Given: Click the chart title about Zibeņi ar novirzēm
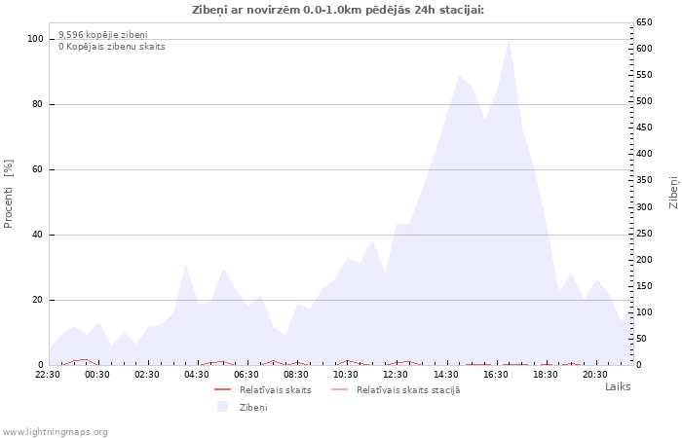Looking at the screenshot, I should [x=337, y=10].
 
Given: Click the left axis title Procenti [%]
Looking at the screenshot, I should [x=9, y=194].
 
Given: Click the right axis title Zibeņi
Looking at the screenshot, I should [x=673, y=192].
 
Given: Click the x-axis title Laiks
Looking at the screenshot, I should [x=617, y=386].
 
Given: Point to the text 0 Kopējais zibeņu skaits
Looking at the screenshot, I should [x=112, y=46].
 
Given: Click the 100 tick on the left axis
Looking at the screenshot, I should [x=35, y=39].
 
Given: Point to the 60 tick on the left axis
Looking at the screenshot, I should [x=38, y=169].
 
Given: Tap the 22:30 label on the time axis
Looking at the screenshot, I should [x=48, y=374].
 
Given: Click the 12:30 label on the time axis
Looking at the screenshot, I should [x=396, y=374].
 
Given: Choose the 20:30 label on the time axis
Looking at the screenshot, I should [x=594, y=374].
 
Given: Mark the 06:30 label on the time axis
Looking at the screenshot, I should [x=246, y=374].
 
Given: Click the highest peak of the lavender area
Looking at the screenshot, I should [x=509, y=41].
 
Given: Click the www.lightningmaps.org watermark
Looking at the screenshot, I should [x=55, y=431].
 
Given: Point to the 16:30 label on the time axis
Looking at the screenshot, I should [x=495, y=374].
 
